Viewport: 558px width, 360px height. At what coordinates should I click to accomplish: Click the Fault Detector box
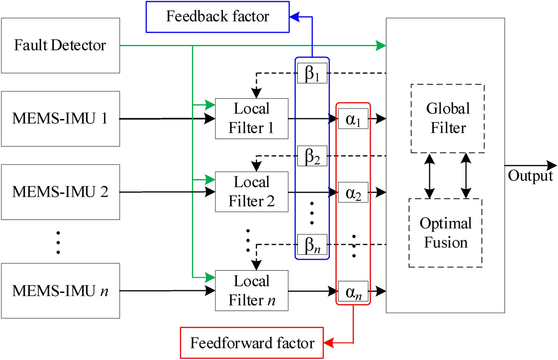60,45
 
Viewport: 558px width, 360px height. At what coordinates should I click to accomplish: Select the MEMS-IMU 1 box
60,119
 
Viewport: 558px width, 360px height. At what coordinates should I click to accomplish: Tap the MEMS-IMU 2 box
60,192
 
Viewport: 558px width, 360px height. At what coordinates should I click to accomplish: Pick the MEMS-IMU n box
60,291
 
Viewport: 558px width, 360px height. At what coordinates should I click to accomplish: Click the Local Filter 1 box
251,118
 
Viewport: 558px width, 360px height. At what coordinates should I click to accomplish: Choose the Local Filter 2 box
251,192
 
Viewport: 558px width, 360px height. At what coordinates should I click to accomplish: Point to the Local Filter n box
251,291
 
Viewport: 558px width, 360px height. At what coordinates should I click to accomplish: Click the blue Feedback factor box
218,17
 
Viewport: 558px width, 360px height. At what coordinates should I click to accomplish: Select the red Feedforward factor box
252,343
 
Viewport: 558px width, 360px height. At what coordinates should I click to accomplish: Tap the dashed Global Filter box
448,118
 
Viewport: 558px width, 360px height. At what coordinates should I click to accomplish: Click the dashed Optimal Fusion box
445,233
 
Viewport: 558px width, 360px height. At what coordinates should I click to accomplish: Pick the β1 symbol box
312,73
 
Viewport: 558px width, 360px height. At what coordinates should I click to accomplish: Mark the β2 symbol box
312,156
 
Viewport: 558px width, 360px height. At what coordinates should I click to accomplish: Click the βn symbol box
312,244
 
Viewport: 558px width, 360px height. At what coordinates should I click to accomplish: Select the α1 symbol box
353,119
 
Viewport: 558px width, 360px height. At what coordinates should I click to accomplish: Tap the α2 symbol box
353,192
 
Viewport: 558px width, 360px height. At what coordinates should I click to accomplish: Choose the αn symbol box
353,291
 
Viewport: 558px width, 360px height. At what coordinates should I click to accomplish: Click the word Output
530,176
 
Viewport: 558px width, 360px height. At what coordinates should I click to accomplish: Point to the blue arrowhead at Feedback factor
294,17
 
